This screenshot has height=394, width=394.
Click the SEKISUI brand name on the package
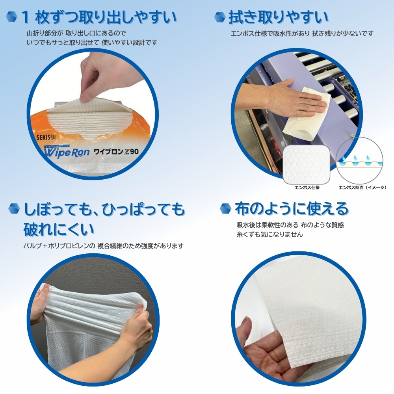click(46, 137)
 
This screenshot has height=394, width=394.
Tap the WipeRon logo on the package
click(67, 152)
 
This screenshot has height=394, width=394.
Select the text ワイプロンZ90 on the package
click(116, 152)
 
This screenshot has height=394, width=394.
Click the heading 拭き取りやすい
click(279, 18)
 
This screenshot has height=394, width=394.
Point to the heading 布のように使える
click(292, 208)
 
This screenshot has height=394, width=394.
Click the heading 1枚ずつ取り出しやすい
click(99, 18)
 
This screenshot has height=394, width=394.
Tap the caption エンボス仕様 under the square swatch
click(307, 188)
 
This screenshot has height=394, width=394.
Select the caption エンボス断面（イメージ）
click(362, 188)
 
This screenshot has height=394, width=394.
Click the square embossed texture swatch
click(307, 165)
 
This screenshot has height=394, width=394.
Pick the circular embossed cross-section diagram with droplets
click(359, 161)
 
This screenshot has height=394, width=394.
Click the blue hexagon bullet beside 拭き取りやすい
click(219, 17)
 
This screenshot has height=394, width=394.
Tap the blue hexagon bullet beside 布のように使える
click(225, 208)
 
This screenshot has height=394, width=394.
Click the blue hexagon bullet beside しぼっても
click(14, 208)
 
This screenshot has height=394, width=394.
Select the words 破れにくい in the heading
click(59, 229)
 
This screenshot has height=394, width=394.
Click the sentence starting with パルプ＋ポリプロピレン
click(104, 245)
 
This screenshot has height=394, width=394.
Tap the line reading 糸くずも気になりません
click(269, 234)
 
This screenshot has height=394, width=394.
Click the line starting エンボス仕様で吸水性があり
click(302, 33)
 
